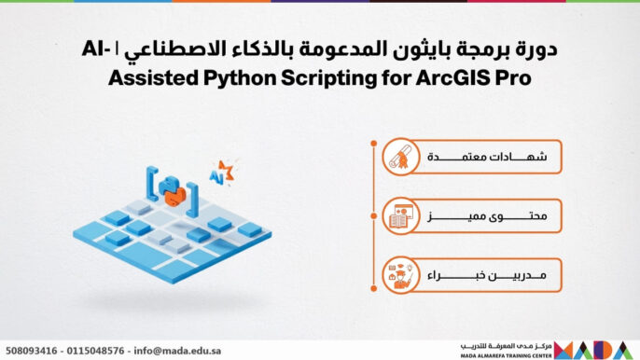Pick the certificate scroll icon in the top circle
pyautogui.click(x=399, y=159)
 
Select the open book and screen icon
pyautogui.click(x=399, y=217)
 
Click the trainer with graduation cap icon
pyautogui.click(x=399, y=277)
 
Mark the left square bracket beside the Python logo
pyautogui.click(x=149, y=185)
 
